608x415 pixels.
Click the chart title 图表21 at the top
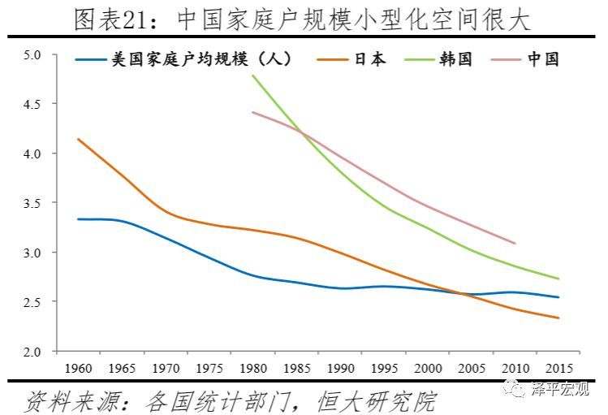301,18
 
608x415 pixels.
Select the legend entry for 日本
370,59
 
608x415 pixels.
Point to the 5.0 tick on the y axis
32,54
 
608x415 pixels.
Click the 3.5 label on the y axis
32,203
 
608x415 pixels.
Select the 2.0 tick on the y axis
32,352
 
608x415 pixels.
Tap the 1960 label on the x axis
78,367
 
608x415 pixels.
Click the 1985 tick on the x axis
297,367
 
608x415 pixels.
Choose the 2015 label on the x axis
558,367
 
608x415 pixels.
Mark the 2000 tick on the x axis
428,367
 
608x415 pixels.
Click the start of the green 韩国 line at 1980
253,76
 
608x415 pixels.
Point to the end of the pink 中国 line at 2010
515,243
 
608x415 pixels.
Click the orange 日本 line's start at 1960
78,139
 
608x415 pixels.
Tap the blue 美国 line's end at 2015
558,297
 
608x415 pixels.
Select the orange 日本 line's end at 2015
558,318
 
